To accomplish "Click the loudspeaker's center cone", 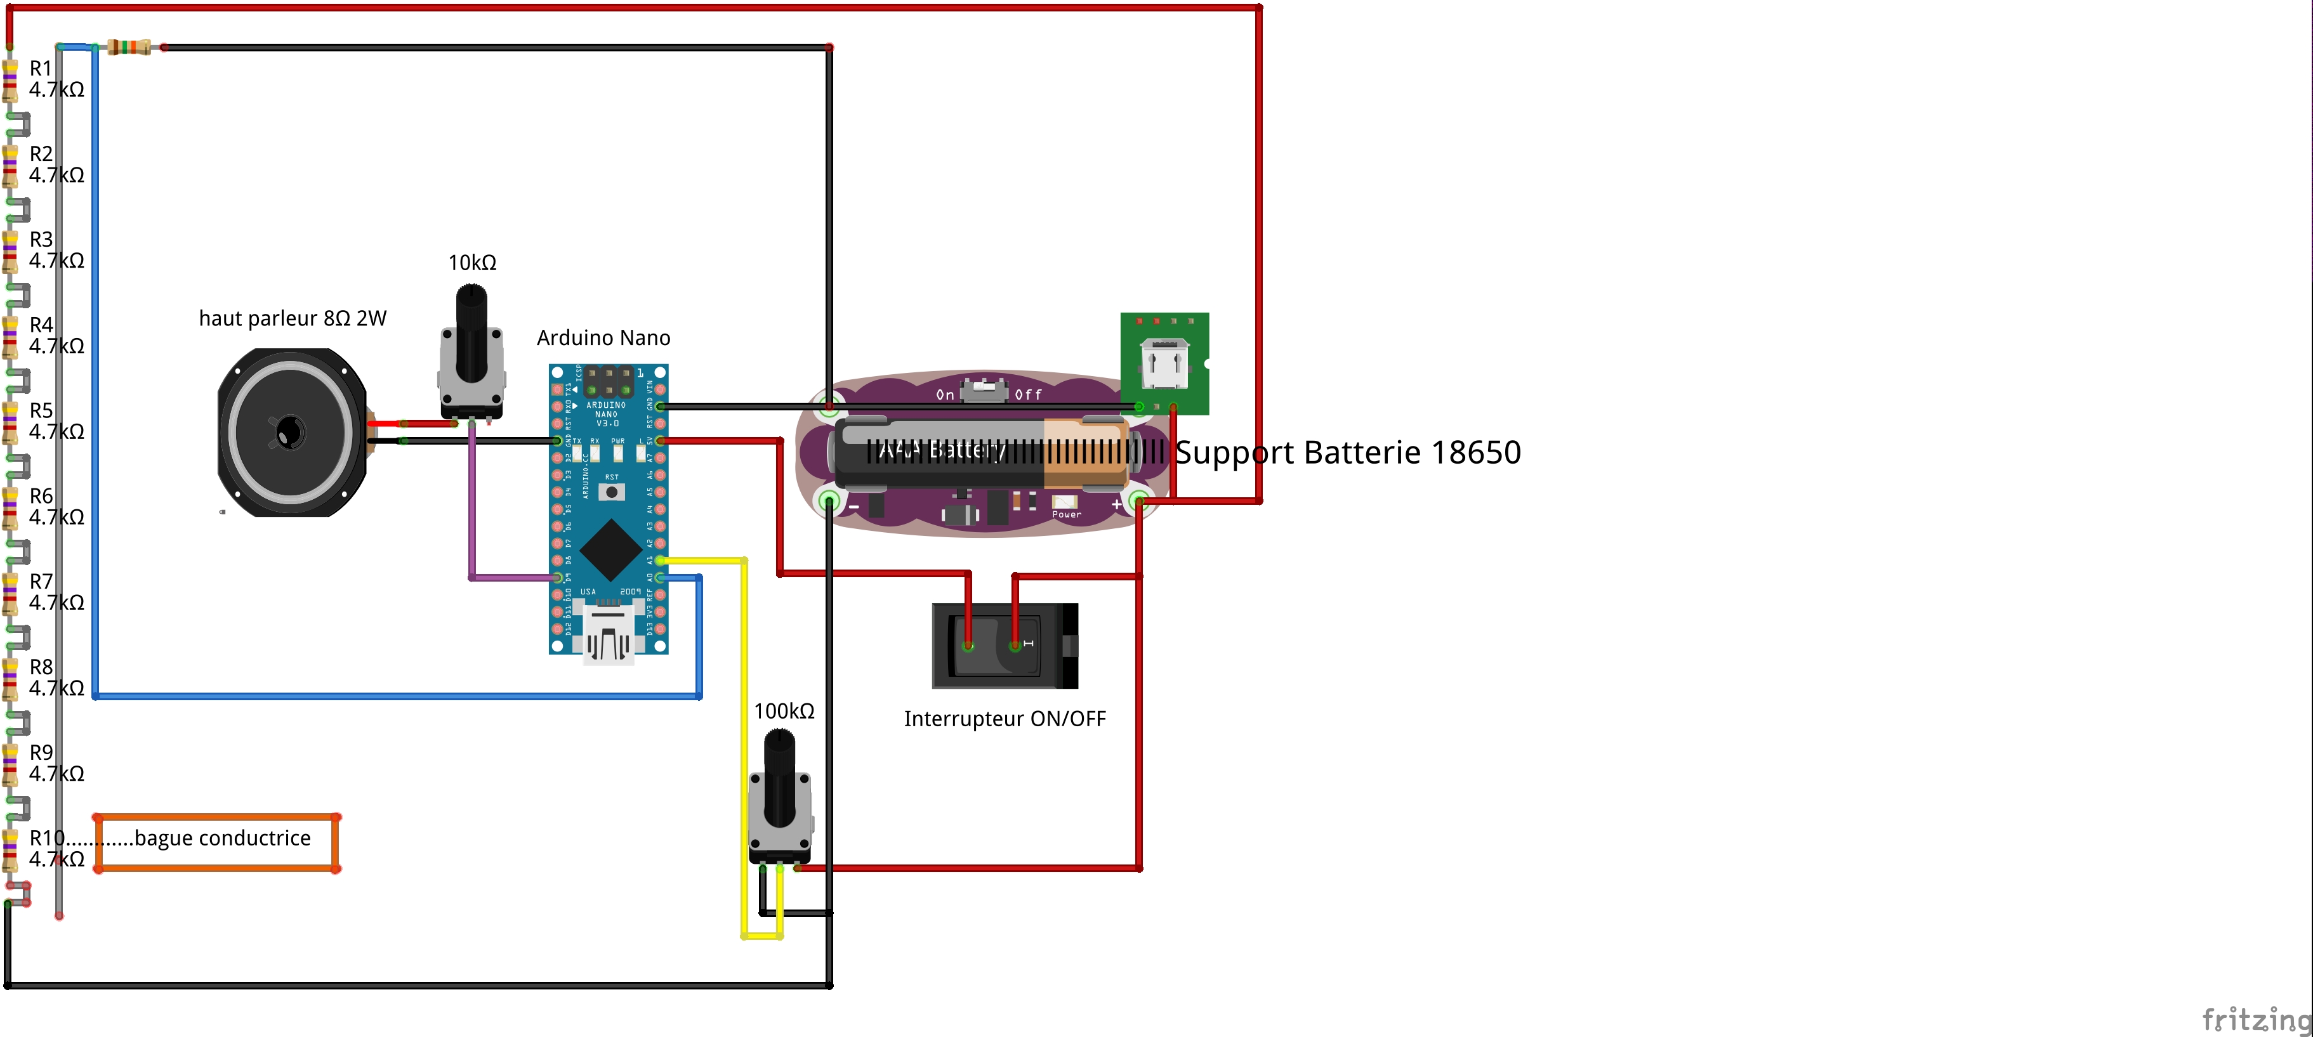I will tap(289, 433).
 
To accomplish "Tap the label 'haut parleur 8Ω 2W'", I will tap(292, 319).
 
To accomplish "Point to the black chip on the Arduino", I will tap(610, 549).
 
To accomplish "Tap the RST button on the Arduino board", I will tap(612, 492).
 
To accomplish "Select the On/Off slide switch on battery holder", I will tap(984, 391).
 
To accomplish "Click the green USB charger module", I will tap(1164, 363).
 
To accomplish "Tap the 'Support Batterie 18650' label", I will tap(1348, 452).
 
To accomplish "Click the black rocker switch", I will tap(1004, 646).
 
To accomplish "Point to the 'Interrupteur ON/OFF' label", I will tap(1005, 719).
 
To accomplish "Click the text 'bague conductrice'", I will tap(223, 838).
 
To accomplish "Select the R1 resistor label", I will tap(41, 69).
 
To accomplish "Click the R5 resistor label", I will tap(41, 411).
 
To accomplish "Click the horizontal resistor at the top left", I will tap(128, 47).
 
